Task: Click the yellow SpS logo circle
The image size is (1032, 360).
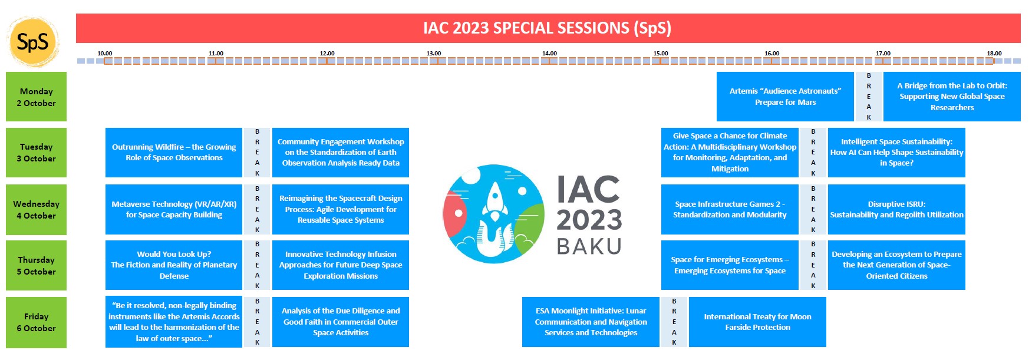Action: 32,42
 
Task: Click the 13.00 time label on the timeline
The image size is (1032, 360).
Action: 434,54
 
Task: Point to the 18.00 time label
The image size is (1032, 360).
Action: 994,54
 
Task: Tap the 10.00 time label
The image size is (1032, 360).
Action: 105,54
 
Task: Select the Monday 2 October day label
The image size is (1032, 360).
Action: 36,97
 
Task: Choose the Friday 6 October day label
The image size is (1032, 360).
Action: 36,322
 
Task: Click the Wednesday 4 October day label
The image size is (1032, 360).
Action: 36,210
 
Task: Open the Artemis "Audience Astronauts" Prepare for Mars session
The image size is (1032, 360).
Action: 785,97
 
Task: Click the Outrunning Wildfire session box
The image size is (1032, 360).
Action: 174,153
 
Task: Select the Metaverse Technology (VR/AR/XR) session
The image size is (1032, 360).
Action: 174,210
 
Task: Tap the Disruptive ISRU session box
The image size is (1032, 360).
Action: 896,210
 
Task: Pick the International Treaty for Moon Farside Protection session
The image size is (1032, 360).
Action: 757,322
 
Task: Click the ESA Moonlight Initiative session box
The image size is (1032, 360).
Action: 591,322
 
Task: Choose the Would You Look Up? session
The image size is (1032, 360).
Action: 174,265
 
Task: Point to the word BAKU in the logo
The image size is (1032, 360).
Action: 589,246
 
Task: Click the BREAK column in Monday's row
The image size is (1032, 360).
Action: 869,97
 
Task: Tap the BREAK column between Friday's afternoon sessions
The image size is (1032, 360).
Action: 674,322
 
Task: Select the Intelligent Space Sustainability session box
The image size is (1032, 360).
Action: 896,153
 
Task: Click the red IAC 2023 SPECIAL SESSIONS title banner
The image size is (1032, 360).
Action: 548,28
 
